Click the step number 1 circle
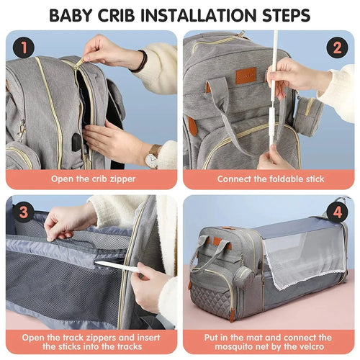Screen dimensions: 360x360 (x=24, y=49)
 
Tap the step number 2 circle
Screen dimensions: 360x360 (x=336, y=49)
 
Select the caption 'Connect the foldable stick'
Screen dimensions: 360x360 (x=269, y=178)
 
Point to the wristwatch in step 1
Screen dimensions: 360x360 (x=152, y=153)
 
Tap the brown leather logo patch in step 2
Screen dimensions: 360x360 (x=246, y=76)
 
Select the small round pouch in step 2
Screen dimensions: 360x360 (x=307, y=115)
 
